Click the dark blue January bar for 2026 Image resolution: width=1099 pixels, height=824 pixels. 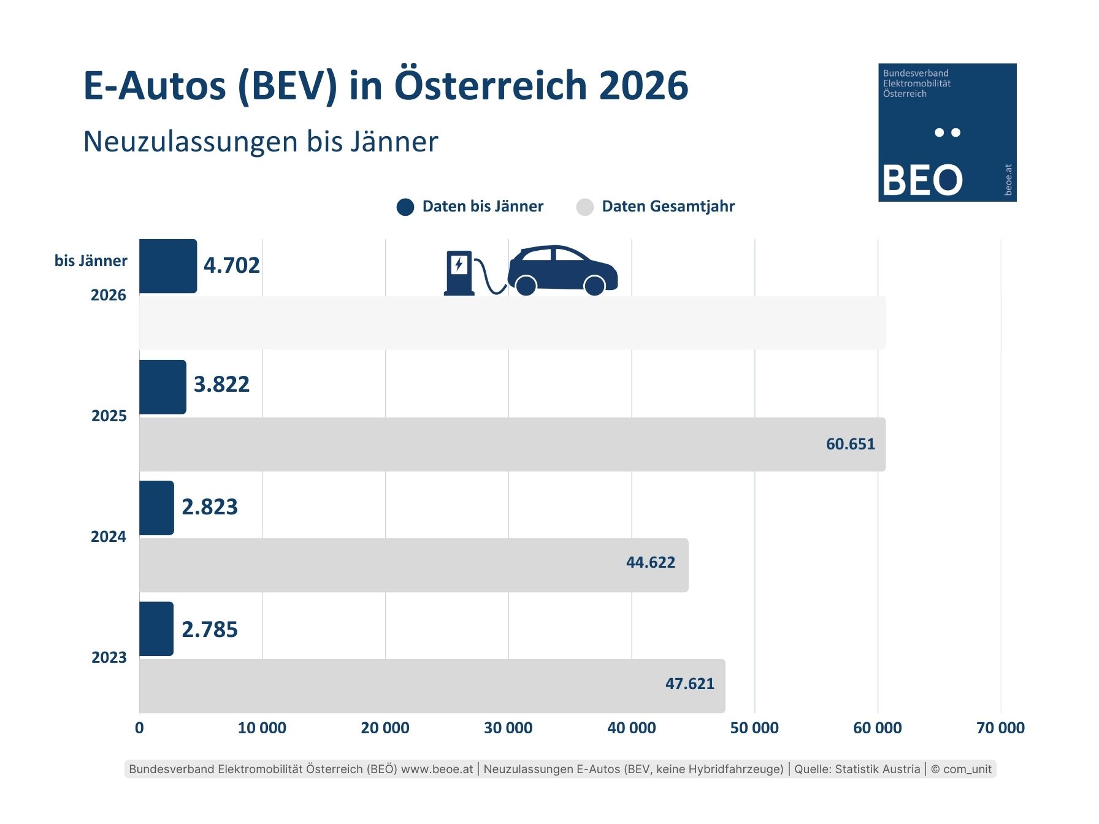pyautogui.click(x=167, y=266)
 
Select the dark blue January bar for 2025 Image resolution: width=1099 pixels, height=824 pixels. pyautogui.click(x=163, y=387)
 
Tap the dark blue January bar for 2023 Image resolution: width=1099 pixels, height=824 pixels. pyautogui.click(x=156, y=629)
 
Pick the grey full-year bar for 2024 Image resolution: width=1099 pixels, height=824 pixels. pyautogui.click(x=413, y=565)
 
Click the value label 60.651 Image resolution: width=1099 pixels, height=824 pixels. pyautogui.click(x=850, y=444)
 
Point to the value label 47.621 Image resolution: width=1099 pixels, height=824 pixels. pyautogui.click(x=689, y=684)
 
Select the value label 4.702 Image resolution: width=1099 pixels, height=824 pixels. pyautogui.click(x=231, y=265)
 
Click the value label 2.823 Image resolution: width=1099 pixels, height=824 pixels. pyautogui.click(x=209, y=507)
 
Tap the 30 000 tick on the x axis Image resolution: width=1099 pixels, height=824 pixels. pyautogui.click(x=508, y=728)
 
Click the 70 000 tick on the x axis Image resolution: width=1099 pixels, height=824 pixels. pyautogui.click(x=1000, y=728)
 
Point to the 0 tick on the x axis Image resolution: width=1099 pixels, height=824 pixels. pyautogui.click(x=139, y=728)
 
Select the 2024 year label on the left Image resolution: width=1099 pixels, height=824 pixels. pyautogui.click(x=109, y=537)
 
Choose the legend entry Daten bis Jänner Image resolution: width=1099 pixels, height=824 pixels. pyautogui.click(x=482, y=207)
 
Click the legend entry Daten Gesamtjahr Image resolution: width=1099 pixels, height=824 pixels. pyautogui.click(x=667, y=207)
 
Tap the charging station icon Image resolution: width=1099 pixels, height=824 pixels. pyautogui.click(x=459, y=273)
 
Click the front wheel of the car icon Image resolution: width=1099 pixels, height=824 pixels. pyautogui.click(x=594, y=285)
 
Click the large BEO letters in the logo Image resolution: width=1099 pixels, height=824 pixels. pyautogui.click(x=922, y=180)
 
